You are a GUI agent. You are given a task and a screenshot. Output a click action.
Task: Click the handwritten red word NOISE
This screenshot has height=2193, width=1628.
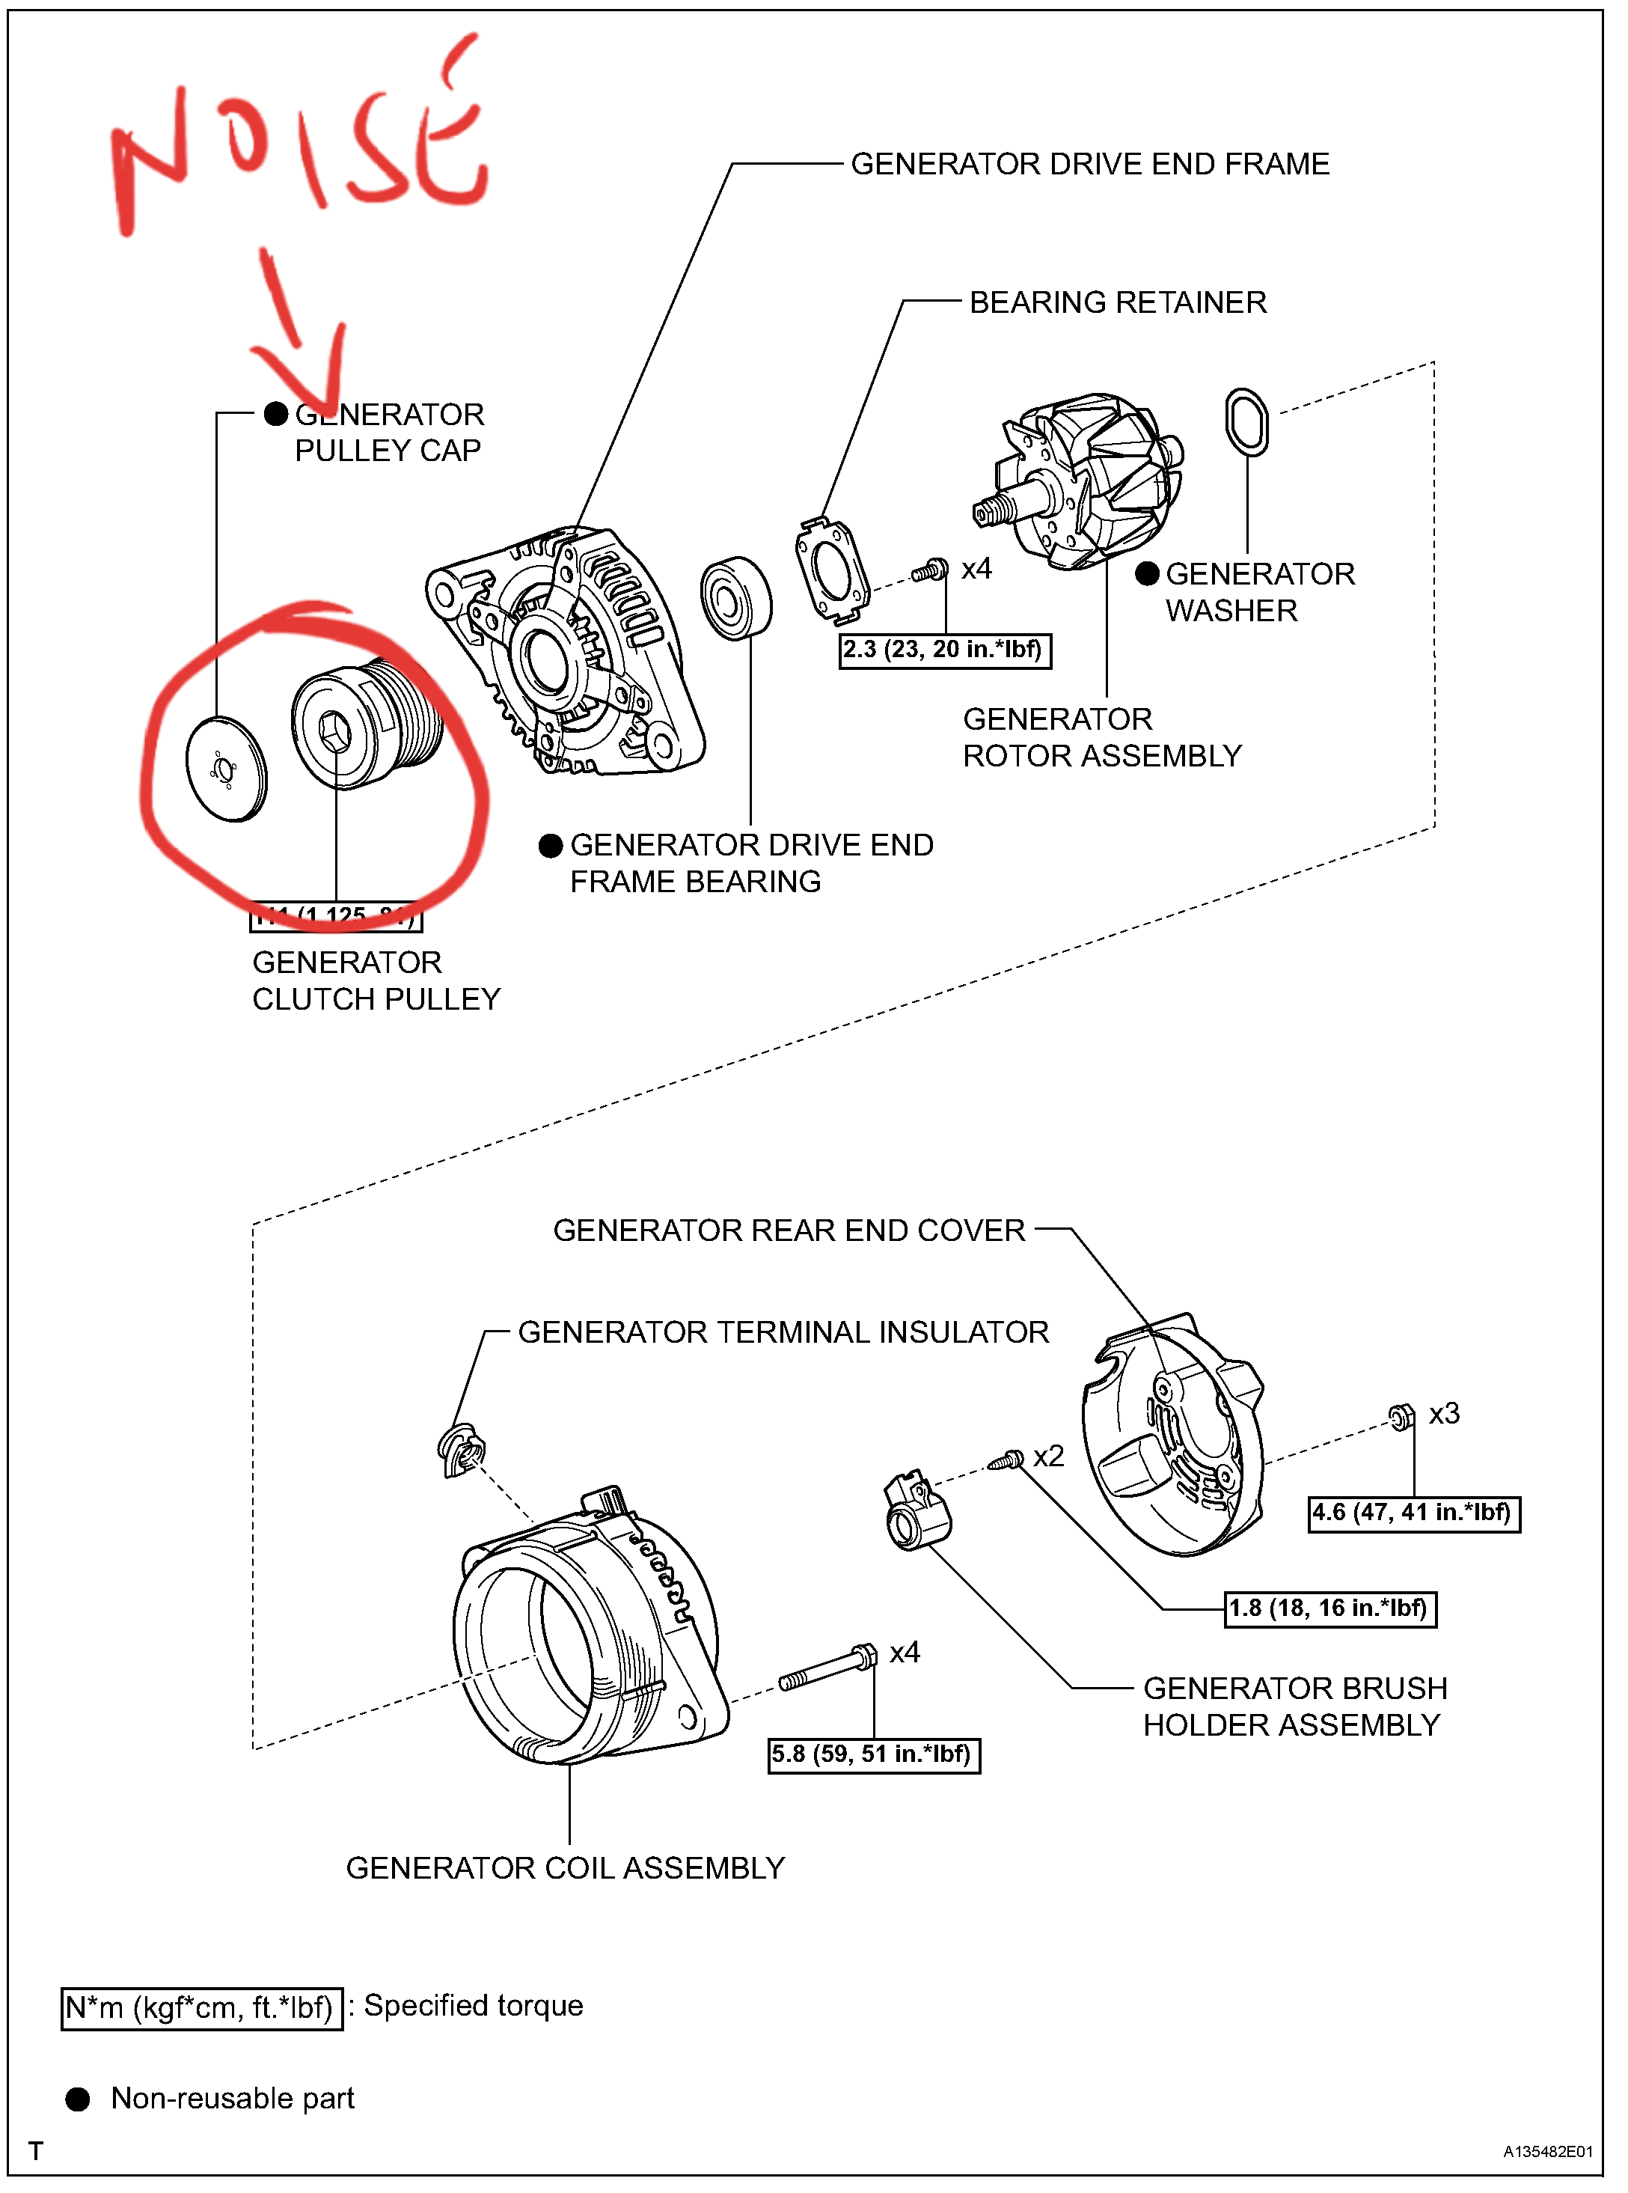(x=296, y=148)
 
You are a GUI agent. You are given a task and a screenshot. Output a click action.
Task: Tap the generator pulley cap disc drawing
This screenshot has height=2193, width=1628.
(x=226, y=769)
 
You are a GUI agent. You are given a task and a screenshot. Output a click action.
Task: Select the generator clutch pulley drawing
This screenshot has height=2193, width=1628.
(x=364, y=725)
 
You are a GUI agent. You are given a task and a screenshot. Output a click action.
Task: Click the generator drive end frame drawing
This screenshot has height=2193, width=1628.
(x=566, y=650)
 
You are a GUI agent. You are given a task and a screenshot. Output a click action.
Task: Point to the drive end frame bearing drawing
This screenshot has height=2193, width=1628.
(x=736, y=598)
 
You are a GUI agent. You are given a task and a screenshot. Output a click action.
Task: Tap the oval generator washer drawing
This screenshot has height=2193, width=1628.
(x=1246, y=422)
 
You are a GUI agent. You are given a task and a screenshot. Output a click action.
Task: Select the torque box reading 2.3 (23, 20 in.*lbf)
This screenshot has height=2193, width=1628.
(x=944, y=650)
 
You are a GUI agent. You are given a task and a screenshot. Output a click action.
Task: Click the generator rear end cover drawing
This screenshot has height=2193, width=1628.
(x=1172, y=1434)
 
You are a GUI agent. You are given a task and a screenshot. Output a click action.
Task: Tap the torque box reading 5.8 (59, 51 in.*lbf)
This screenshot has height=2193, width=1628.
(x=873, y=1754)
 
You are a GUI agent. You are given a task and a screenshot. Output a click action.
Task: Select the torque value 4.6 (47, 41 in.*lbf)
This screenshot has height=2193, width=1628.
(x=1413, y=1513)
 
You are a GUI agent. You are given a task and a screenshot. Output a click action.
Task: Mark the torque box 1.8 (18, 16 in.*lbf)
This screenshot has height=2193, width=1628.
(x=1329, y=1608)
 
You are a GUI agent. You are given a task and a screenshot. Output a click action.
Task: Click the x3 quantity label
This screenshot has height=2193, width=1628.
(x=1444, y=1413)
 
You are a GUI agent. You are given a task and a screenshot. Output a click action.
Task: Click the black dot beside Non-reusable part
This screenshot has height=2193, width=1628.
(x=78, y=2099)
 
